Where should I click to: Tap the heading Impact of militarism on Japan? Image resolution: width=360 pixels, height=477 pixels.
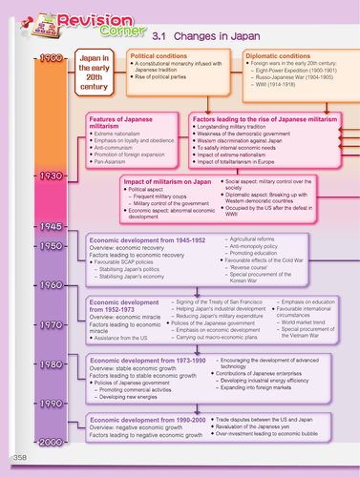click(159, 181)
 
